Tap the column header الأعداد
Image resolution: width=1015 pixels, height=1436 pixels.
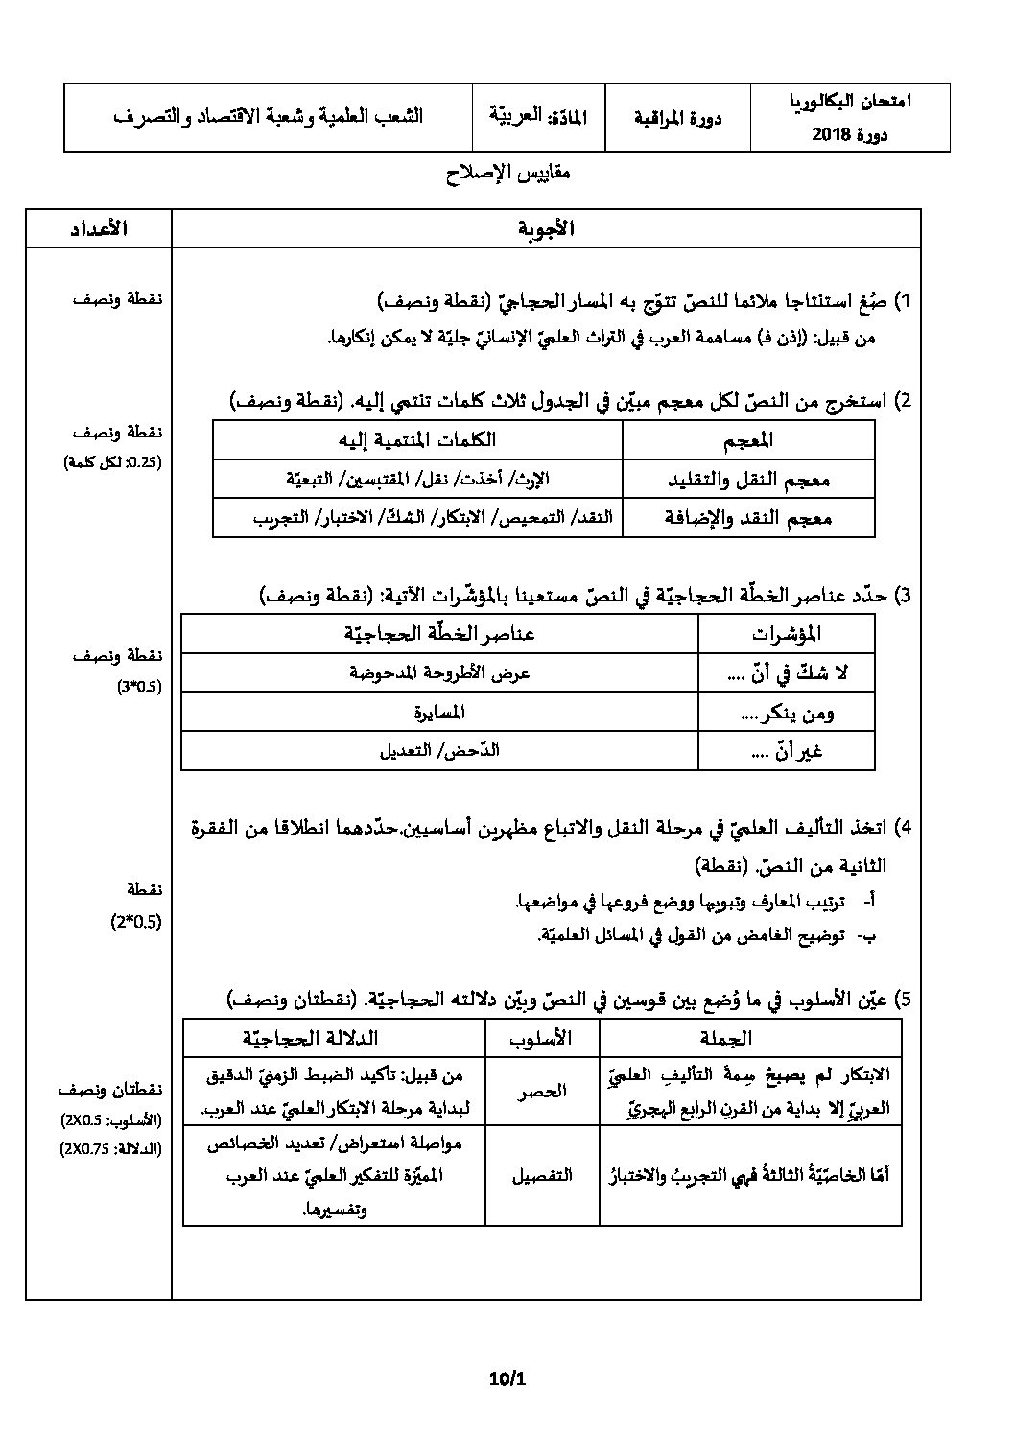[x=98, y=228]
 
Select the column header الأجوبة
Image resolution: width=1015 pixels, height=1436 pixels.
[x=546, y=228]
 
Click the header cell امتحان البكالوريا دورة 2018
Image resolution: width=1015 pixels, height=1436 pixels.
[x=862, y=117]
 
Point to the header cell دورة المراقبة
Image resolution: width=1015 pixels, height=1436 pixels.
[x=677, y=118]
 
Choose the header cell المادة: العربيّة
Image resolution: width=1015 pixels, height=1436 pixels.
[x=538, y=117]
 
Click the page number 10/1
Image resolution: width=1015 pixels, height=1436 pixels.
[x=507, y=1380]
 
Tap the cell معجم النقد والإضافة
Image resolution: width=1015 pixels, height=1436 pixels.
[x=747, y=518]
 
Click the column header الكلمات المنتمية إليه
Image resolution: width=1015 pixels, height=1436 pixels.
[x=417, y=440]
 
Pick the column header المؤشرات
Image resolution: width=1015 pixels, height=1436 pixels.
[x=786, y=634]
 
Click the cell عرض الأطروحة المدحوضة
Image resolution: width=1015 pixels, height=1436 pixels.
[x=439, y=673]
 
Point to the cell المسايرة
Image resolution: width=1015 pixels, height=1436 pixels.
[x=439, y=712]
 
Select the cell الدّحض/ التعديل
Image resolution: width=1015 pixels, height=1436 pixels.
[x=439, y=750]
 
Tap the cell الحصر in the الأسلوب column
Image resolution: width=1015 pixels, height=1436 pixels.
[x=542, y=1091]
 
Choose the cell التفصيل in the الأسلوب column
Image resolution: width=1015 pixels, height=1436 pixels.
[x=542, y=1175]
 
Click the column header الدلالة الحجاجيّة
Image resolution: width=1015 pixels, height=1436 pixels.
[x=333, y=1037]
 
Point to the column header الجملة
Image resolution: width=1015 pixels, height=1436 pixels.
[x=750, y=1037]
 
